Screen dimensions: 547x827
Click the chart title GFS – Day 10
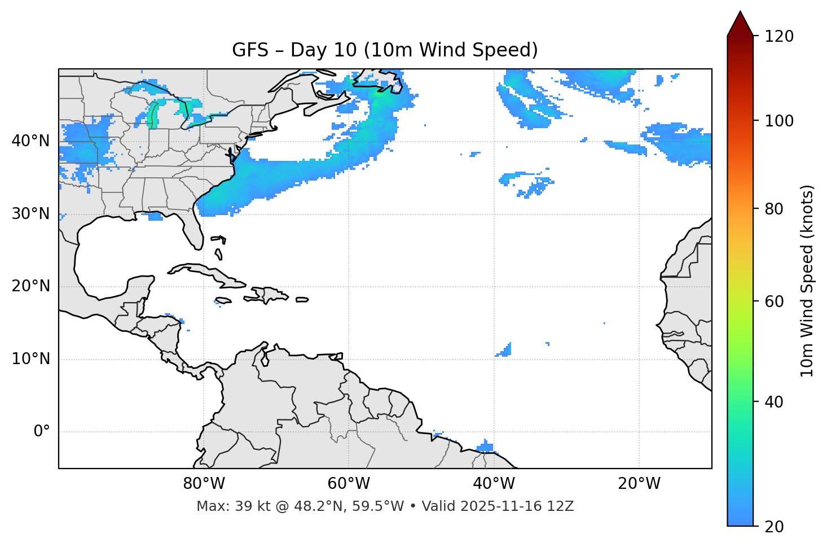[x=385, y=50]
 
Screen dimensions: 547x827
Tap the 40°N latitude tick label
[x=30, y=141]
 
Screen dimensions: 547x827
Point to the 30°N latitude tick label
[x=30, y=214]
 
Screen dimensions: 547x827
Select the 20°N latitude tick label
[x=30, y=286]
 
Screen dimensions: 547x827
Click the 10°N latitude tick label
[x=30, y=359]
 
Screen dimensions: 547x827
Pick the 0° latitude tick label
[x=42, y=432]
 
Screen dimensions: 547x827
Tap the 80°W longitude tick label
[x=204, y=484]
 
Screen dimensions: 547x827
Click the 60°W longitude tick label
[x=349, y=484]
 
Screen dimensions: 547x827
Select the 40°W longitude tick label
[x=494, y=484]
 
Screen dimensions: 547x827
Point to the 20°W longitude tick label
[x=639, y=484]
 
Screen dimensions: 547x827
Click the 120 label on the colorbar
[x=779, y=37]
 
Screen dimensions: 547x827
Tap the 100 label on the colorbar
[x=779, y=121]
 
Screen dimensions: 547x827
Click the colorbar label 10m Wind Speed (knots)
[x=807, y=281]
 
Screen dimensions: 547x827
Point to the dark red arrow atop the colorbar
[x=740, y=24]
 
